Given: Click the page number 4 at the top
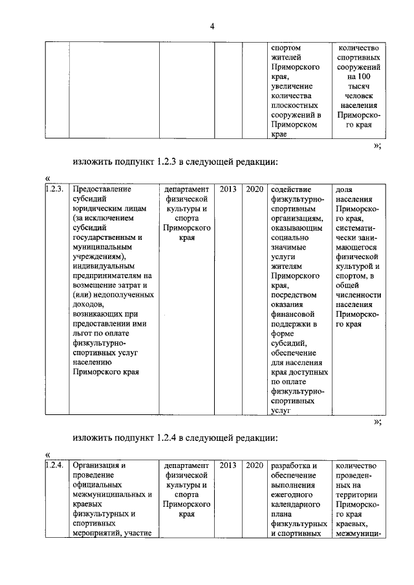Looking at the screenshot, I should tap(212, 25).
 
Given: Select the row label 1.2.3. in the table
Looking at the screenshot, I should tap(56, 189).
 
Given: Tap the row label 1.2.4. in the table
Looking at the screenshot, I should tap(56, 465).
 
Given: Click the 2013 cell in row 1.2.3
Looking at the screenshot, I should tap(228, 189).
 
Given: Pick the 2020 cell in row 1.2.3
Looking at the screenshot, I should tap(255, 189).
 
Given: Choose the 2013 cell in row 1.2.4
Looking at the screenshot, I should tap(228, 465).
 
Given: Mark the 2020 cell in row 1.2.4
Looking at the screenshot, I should tap(255, 465).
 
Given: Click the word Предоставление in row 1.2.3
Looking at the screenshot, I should tap(102, 189).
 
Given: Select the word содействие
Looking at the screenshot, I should tap(292, 189).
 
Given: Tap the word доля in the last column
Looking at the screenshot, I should tap(345, 189).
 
